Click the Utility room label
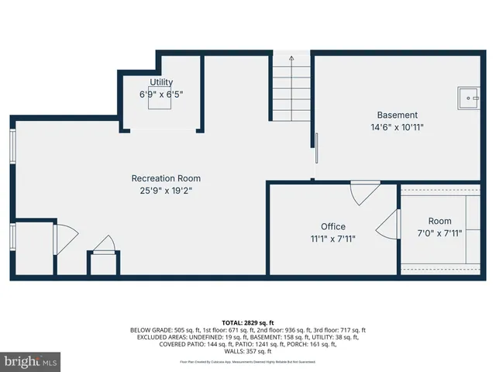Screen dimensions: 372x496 coord(161,82)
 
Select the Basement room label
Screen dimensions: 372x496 coord(397,115)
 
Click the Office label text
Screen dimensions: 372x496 coord(333,226)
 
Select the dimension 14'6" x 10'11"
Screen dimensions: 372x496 coord(397,127)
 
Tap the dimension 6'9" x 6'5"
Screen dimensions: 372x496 coord(161,94)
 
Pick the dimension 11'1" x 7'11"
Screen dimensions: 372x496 coord(333,239)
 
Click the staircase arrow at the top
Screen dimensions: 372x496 coord(291,58)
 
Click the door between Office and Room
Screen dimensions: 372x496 coord(387,226)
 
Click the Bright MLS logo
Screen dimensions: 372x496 coord(30,360)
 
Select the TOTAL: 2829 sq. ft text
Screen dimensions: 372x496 coord(247,322)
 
